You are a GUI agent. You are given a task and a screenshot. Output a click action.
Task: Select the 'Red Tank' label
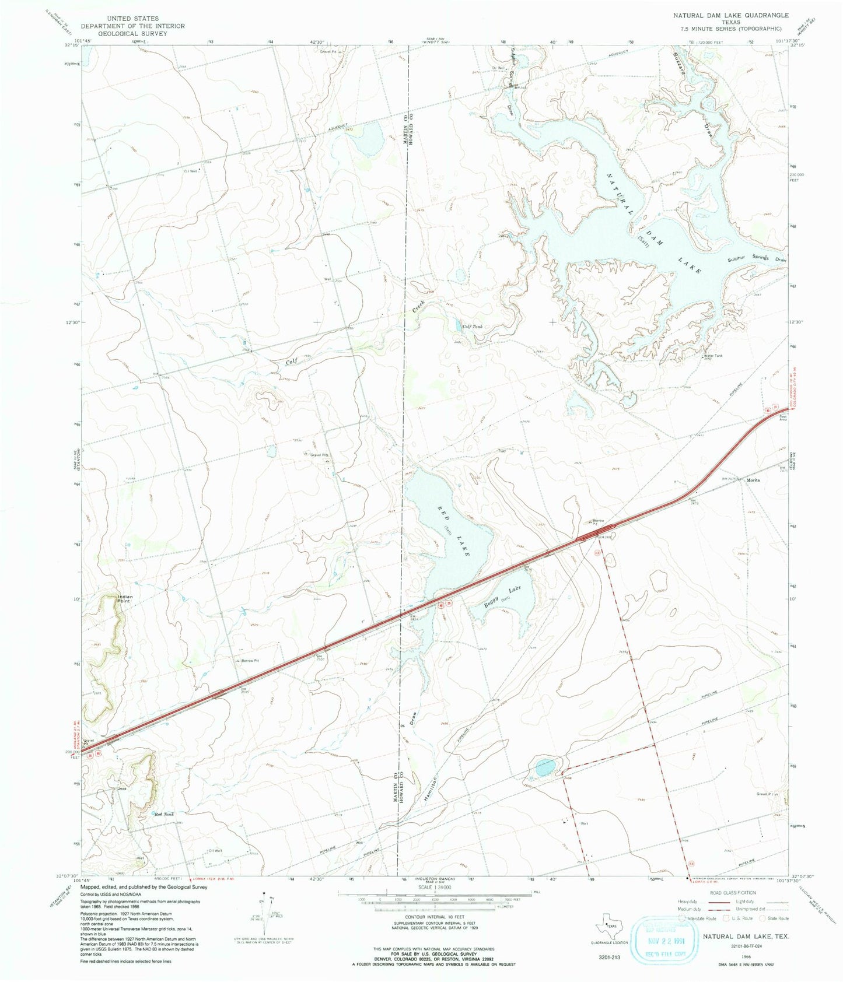click(x=163, y=814)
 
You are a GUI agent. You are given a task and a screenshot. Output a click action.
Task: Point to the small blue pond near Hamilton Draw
click(x=544, y=767)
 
